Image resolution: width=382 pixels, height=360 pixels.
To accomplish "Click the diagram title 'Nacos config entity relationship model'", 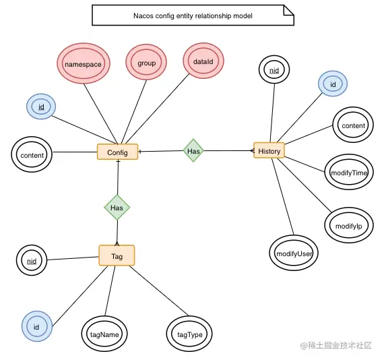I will coord(193,16).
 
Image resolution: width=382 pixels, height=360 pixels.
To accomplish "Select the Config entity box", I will coord(117,152).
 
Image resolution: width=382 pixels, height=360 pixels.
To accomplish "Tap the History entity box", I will coord(269,150).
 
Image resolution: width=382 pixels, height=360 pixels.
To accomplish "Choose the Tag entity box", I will coord(117,255).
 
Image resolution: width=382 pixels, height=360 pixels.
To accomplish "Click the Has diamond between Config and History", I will coord(193,151).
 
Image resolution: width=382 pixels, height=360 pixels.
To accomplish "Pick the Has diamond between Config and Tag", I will coord(117,208).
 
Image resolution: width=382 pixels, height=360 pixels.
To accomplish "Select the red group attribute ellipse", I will coord(146,63).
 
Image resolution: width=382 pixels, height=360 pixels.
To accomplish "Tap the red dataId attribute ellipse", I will coord(203,61).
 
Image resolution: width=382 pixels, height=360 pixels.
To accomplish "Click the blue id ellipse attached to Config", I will coord(41,107).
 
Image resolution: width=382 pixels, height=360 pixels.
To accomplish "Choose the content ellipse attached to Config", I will coord(32,155).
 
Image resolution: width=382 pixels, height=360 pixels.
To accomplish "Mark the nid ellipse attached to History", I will coord(274,70).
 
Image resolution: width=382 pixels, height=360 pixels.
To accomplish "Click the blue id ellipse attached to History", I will coord(332,84).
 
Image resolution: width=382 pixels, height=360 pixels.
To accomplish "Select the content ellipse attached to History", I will coord(353,125).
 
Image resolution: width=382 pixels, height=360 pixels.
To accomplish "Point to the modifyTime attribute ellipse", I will coord(348,173).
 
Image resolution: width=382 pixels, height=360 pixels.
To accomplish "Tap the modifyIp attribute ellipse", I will coord(346,225).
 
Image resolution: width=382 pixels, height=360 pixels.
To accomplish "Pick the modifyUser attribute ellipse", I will coord(294,253).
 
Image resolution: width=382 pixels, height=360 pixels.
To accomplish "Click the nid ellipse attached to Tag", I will coord(31,261).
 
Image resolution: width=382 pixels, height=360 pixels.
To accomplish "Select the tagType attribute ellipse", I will coord(189,333).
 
